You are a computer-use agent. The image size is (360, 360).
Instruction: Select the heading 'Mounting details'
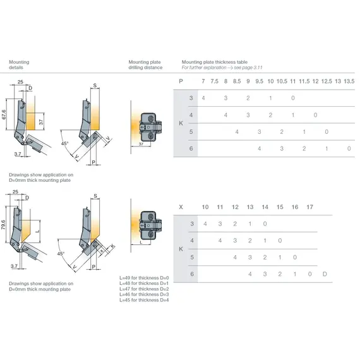19,64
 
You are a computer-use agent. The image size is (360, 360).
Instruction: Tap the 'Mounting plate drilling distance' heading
145,64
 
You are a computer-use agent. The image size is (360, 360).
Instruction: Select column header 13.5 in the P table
349,81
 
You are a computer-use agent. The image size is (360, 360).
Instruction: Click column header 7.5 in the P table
214,81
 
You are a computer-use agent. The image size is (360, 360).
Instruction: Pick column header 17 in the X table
309,207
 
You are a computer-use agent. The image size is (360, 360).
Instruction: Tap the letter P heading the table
181,81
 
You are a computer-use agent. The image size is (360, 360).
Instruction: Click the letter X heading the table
181,207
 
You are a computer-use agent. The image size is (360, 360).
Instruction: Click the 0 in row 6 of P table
349,148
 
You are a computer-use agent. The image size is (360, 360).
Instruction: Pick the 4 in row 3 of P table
203,98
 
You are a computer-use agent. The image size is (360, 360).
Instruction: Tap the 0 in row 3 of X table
265,224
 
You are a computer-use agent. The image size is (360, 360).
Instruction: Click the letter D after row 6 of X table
325,273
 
